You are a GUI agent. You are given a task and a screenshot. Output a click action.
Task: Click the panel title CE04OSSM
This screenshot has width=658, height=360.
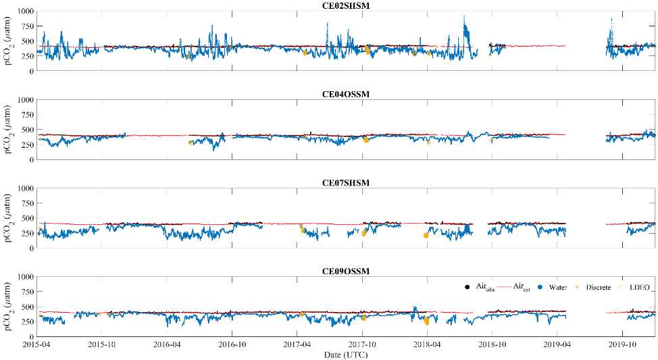(345, 94)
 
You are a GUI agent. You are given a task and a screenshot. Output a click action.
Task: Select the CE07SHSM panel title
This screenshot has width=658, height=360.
(345, 182)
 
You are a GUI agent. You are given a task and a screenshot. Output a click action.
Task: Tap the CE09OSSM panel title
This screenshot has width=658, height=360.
(345, 271)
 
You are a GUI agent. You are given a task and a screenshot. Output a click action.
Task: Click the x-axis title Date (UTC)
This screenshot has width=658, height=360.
(345, 355)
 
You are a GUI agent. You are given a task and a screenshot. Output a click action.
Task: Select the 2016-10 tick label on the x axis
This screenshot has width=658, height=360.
(232, 344)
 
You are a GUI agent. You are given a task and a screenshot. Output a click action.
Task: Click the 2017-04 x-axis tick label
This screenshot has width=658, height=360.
(297, 344)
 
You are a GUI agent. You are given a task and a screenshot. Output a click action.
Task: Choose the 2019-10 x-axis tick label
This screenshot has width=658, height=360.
(622, 344)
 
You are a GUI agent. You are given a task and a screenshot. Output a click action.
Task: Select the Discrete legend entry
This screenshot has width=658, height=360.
(597, 288)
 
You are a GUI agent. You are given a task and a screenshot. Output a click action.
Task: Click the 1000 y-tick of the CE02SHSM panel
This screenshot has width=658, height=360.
(25, 11)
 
